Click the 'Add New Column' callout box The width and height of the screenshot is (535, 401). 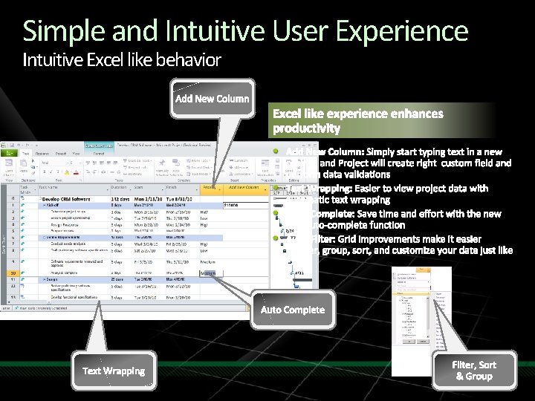(212, 99)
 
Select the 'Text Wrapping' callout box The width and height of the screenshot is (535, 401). (114, 371)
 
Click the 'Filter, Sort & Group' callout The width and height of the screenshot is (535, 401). (475, 370)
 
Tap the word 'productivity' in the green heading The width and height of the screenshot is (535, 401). (306, 128)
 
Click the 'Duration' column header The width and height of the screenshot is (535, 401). (118, 188)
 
